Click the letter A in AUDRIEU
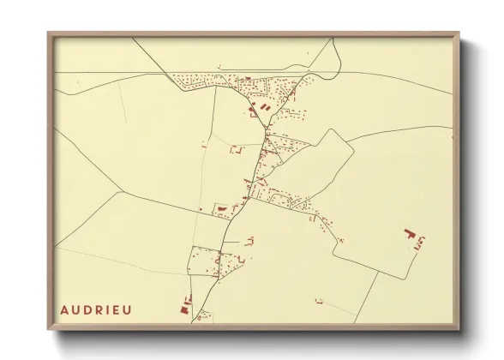(x=64, y=309)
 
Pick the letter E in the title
(x=117, y=309)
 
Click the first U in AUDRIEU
(x=76, y=309)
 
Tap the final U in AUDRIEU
(x=129, y=309)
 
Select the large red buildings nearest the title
(x=184, y=305)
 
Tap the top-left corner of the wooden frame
(x=49, y=33)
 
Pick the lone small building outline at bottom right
(x=319, y=301)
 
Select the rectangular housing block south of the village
(x=206, y=261)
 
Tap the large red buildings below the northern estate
(x=257, y=107)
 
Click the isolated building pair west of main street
(x=234, y=150)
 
